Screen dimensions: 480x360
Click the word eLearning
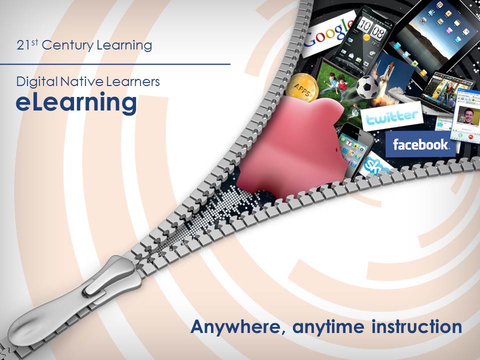pyautogui.click(x=76, y=103)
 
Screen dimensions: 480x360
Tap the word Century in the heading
pyautogui.click(x=67, y=45)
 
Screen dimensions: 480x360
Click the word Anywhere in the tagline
pyautogui.click(x=235, y=327)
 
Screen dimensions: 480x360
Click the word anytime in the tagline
pyautogui.click(x=328, y=327)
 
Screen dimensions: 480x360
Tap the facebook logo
pyautogui.click(x=420, y=144)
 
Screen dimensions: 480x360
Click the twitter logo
pyautogui.click(x=391, y=117)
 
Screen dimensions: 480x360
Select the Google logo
pyautogui.click(x=329, y=33)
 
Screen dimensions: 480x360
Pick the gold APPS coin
pyautogui.click(x=302, y=89)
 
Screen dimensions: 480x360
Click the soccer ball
pyautogui.click(x=367, y=86)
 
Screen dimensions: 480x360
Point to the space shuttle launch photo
pyautogui.click(x=389, y=78)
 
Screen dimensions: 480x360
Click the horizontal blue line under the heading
pyautogui.click(x=115, y=64)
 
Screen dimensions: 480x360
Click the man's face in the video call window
pyautogui.click(x=468, y=115)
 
